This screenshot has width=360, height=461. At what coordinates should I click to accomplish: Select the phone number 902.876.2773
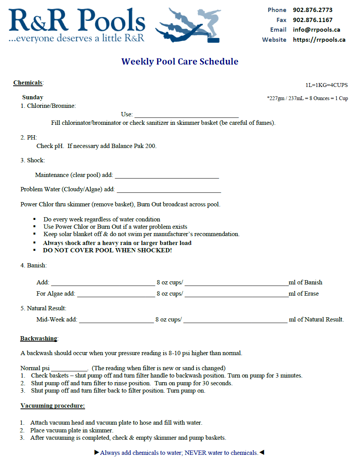[x=312, y=10]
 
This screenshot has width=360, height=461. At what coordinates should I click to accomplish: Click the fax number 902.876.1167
[x=312, y=20]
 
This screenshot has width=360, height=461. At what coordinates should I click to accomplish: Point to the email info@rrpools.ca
[x=316, y=30]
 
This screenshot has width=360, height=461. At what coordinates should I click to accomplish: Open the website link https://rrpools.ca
[x=319, y=40]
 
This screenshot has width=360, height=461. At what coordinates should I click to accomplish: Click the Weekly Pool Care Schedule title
[x=180, y=61]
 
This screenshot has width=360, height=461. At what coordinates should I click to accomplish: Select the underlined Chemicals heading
[x=28, y=83]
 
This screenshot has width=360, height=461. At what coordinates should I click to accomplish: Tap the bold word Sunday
[x=32, y=97]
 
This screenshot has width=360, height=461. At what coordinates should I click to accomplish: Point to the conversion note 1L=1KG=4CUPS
[x=326, y=85]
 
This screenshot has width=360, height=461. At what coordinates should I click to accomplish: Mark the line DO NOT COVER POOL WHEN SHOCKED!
[x=107, y=250]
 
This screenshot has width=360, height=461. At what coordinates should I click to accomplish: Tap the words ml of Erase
[x=304, y=294]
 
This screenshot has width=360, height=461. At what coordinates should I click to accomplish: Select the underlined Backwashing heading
[x=39, y=339]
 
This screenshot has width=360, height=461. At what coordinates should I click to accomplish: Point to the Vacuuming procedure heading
[x=53, y=406]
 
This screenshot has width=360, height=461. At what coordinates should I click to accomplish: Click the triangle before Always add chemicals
[x=97, y=452]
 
